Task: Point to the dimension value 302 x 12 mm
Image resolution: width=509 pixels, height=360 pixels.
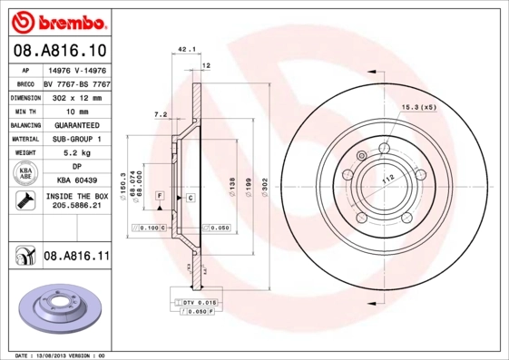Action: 75,96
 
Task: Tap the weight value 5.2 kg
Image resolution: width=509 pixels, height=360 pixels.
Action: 75,153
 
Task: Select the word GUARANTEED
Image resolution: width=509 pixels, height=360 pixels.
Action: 75,125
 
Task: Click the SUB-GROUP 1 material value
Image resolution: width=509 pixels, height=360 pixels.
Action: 75,140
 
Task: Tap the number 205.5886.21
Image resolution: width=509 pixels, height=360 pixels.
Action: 75,207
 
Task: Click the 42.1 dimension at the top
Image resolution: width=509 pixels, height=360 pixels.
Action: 187,52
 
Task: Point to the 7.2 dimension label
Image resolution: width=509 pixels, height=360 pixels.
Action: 161,114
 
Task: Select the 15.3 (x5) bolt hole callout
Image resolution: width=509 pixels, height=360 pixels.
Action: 418,107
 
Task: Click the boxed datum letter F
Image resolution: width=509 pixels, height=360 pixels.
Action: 160,196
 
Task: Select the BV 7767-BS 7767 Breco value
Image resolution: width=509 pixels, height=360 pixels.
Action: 75,82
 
